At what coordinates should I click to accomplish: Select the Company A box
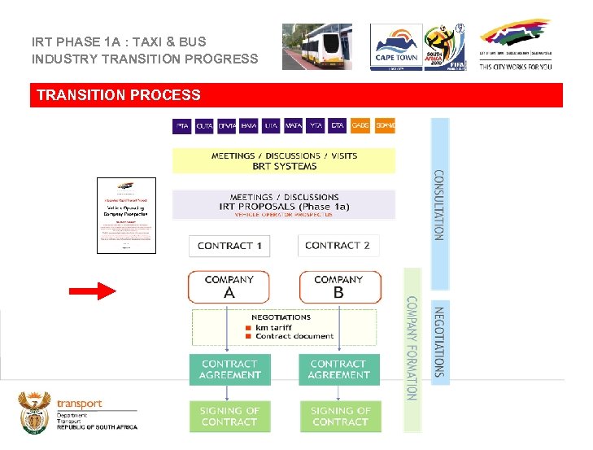coord(229,286)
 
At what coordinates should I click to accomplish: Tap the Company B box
coord(338,286)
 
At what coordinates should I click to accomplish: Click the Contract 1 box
coord(229,246)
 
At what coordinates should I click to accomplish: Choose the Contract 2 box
coord(338,246)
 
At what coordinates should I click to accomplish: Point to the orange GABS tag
coord(360,125)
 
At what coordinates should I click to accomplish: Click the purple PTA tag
coord(182,125)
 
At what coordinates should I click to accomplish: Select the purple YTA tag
coord(316,125)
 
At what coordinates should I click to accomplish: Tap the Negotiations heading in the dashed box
coord(281,317)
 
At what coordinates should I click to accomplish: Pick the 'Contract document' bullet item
coord(294,336)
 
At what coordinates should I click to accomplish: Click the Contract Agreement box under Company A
coord(230,369)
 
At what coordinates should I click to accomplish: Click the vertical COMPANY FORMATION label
coord(412,347)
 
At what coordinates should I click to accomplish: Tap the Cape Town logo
coord(396,46)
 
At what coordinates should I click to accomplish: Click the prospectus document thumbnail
coord(125,215)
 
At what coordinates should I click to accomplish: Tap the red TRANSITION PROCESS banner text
coord(119,95)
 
